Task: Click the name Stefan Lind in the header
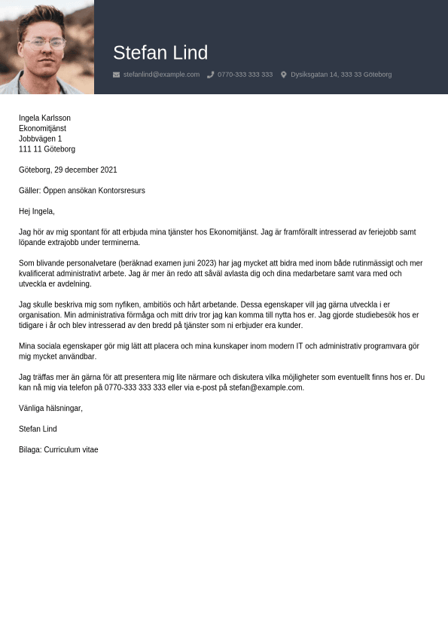click(160, 53)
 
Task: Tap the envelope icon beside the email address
click(116, 75)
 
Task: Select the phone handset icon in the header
click(211, 75)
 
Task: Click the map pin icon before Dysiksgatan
click(284, 75)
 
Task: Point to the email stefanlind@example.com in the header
click(161, 75)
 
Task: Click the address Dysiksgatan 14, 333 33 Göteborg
click(341, 75)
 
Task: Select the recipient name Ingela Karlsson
click(44, 118)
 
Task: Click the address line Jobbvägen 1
click(40, 139)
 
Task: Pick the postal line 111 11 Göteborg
click(47, 149)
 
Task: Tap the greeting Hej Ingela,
click(37, 211)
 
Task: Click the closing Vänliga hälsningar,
click(50, 408)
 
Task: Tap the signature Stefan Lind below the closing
click(38, 429)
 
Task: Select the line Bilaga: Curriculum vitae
click(59, 450)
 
